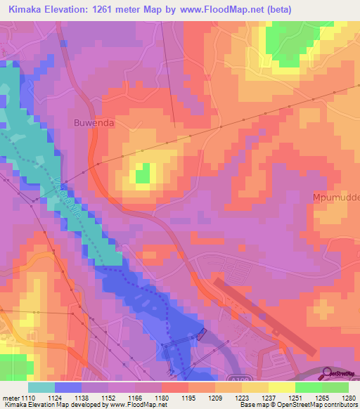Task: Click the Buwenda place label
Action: (94, 122)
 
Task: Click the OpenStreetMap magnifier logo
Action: (328, 372)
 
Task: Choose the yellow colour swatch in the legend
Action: (281, 387)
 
